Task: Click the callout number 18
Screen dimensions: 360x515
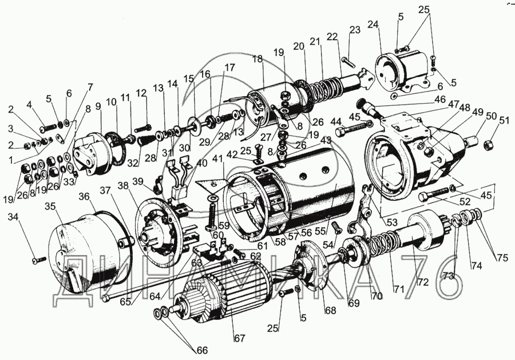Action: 256,59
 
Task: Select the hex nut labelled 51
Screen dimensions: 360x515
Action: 490,143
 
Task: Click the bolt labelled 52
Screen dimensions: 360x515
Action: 432,195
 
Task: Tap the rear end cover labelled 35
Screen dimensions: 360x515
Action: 80,246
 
